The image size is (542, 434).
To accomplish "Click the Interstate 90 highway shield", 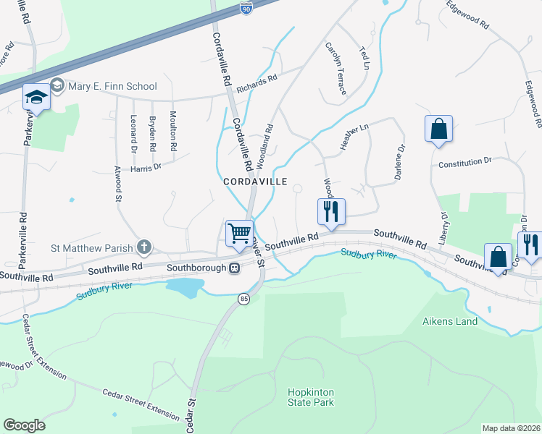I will [x=246, y=8].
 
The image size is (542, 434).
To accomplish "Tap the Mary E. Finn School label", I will [x=112, y=87].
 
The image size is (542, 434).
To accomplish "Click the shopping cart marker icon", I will [x=239, y=234].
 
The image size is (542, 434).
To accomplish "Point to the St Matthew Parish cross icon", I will [x=144, y=247].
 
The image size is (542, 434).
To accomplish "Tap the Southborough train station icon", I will [x=234, y=268].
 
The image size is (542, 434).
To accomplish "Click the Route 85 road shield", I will [x=243, y=298].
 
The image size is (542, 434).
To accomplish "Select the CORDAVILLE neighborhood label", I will [x=255, y=182].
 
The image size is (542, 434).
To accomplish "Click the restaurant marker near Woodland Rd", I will [x=330, y=211].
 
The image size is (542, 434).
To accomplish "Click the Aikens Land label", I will [x=451, y=320].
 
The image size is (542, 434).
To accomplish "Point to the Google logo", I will [x=24, y=425].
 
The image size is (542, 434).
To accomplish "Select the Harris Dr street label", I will [x=146, y=168].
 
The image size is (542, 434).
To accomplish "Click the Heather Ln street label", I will [x=355, y=137].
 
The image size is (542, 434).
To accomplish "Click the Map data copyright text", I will [x=512, y=428].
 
